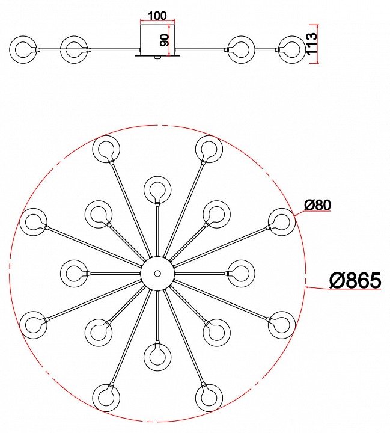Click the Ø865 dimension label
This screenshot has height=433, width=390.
[355, 280]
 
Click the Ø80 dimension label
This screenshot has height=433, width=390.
[317, 205]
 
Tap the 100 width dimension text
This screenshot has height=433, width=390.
[157, 16]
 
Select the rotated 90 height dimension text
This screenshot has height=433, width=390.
[165, 40]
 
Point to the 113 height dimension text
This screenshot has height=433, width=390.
[312, 44]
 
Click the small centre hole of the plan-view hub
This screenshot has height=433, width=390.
[157, 274]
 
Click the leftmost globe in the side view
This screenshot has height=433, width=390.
[23, 50]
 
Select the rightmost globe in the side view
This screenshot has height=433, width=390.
[292, 50]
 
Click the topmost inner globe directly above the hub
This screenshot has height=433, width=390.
[157, 190]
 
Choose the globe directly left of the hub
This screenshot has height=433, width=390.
[74, 274]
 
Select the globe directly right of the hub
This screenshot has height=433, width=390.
[241, 274]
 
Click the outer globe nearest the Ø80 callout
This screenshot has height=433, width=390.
[282, 222]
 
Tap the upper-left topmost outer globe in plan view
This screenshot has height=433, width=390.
[106, 149]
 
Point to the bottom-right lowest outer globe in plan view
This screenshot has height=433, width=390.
[209, 398]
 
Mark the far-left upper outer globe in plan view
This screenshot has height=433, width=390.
[34, 222]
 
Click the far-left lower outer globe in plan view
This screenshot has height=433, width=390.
[34, 325]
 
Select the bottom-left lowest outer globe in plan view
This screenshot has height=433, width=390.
[106, 398]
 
